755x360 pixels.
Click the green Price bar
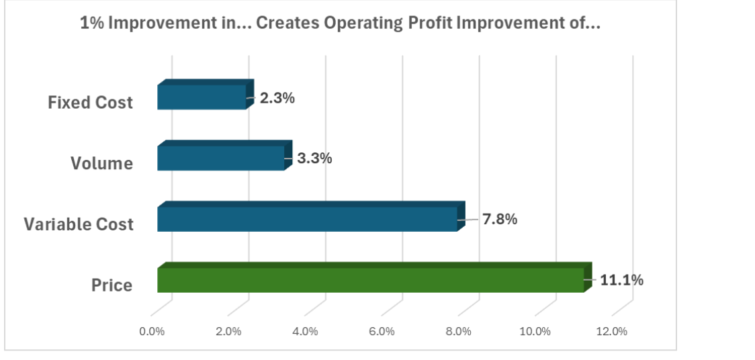coord(371,280)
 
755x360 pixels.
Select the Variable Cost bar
coord(307,219)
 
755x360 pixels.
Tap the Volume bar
coord(221,158)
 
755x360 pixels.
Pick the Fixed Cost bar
coord(202,97)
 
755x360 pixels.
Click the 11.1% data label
coord(621,280)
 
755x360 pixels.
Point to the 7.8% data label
coord(500,219)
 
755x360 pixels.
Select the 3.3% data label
coord(315,159)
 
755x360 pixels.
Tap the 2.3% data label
coord(277,97)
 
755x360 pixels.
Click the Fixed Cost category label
coord(91,103)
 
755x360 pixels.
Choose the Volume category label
coord(101,163)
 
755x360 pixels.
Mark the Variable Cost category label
coord(79,224)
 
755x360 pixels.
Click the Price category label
coord(112,285)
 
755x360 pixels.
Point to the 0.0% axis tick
coord(152,331)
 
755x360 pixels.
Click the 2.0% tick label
coord(228,331)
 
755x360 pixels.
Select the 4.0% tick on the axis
coord(305,331)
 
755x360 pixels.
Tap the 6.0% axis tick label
coord(382,331)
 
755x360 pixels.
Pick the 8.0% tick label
coord(458,331)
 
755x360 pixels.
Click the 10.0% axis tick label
coord(535,331)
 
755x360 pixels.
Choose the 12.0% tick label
coord(612,331)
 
